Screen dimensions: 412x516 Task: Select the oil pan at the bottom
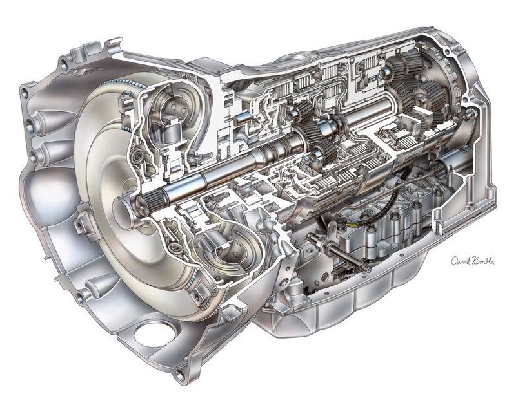[x=361, y=303]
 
